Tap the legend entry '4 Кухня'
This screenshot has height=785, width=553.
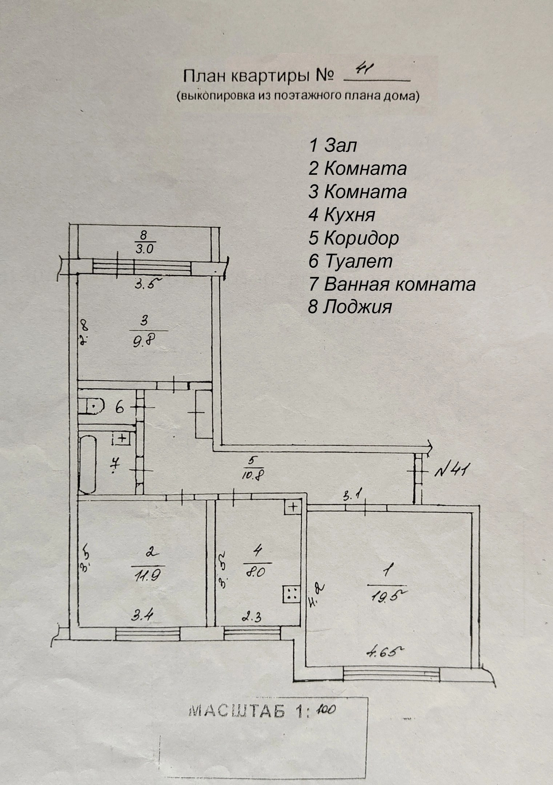(341, 215)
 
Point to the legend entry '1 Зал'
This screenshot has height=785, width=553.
(333, 145)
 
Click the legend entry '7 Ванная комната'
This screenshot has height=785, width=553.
(392, 284)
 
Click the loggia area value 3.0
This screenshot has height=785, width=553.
(144, 249)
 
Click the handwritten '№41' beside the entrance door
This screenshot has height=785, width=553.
(451, 471)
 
